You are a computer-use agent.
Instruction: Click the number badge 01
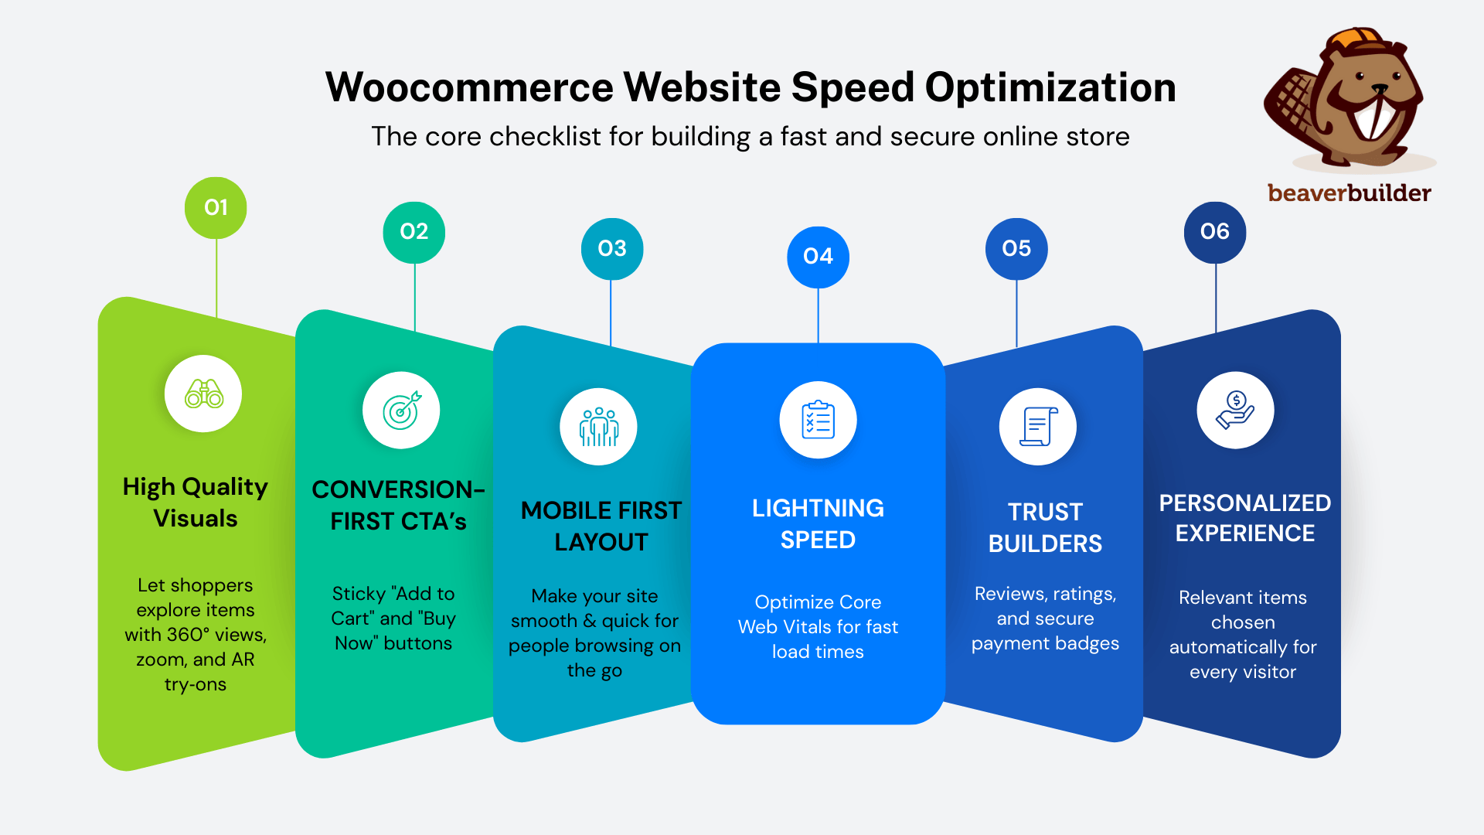point(216,207)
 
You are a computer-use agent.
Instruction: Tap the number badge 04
point(818,257)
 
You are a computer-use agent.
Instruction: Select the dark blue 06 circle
point(1215,232)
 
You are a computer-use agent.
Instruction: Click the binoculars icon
point(204,394)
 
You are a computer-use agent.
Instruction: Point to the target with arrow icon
point(402,410)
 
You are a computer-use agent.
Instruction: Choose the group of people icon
point(599,427)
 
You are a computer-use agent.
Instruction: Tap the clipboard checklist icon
point(818,420)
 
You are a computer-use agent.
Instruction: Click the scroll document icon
point(1038,427)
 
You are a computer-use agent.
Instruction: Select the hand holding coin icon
point(1235,410)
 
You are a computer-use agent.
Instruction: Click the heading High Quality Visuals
point(196,502)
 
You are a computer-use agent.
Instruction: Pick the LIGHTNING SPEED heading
point(818,523)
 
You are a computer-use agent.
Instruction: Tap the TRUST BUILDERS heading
point(1045,527)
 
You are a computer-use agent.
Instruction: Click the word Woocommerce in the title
point(469,87)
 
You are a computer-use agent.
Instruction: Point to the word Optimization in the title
point(1050,87)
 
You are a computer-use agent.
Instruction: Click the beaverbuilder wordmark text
point(1349,193)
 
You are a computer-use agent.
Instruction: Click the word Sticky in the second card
point(359,594)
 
